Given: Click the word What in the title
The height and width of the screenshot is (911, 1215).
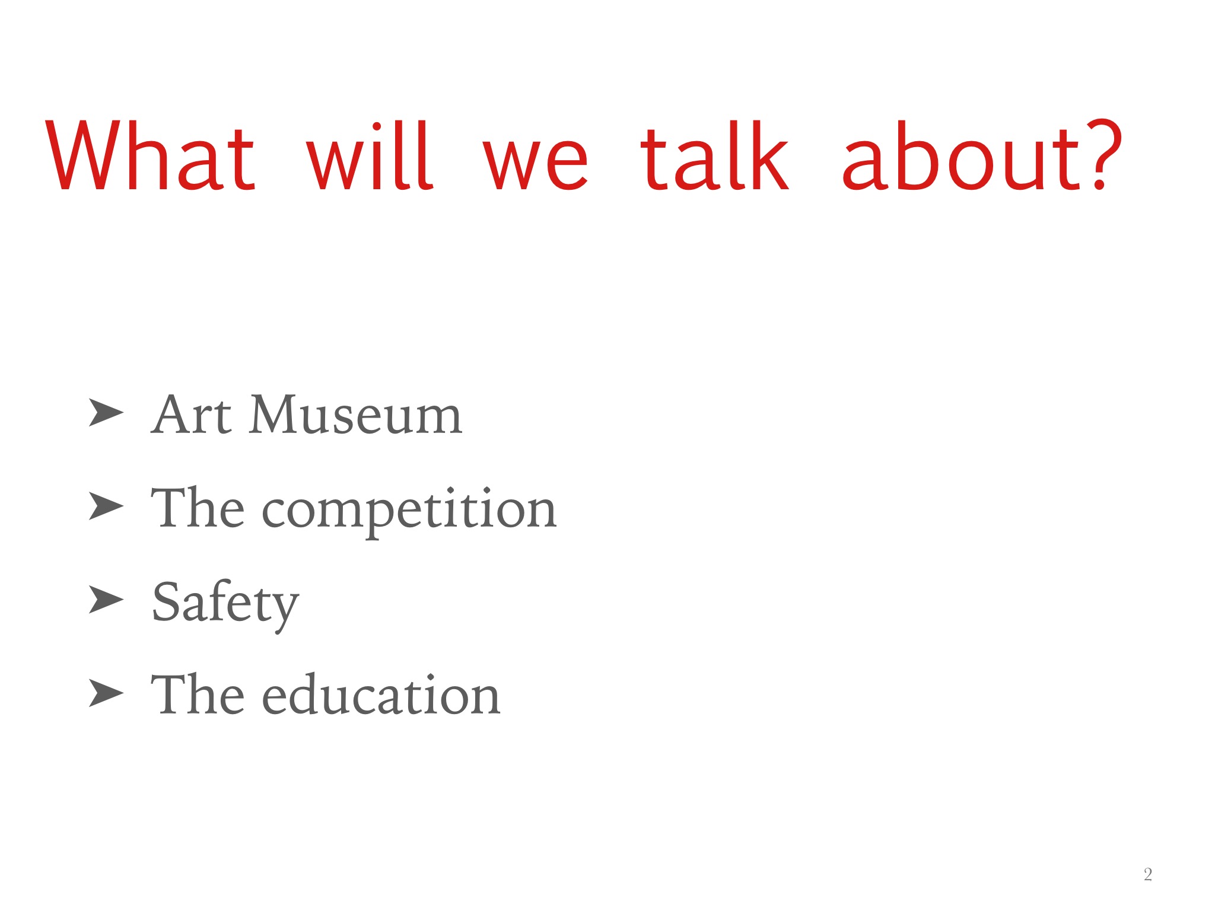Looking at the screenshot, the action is [x=151, y=155].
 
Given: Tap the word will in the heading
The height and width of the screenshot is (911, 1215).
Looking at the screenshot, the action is [x=370, y=155].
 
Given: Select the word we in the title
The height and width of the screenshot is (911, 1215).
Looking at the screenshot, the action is [x=536, y=162].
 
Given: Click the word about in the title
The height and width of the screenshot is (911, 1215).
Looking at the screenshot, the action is [x=960, y=155].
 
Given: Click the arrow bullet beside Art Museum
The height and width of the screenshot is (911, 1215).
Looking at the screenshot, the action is [x=107, y=412].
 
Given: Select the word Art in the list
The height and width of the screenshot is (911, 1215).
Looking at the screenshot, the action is [x=191, y=415].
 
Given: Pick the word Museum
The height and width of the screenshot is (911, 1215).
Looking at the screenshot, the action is [x=355, y=415].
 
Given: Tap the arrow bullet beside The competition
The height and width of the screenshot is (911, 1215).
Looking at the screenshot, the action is [x=107, y=506].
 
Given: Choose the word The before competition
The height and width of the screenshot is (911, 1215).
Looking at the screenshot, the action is [x=198, y=507].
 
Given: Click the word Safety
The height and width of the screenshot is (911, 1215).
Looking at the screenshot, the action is [x=225, y=604].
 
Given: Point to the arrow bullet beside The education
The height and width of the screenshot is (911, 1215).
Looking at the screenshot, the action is [x=107, y=692].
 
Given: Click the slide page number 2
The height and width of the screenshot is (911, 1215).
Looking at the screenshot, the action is [x=1148, y=874].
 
